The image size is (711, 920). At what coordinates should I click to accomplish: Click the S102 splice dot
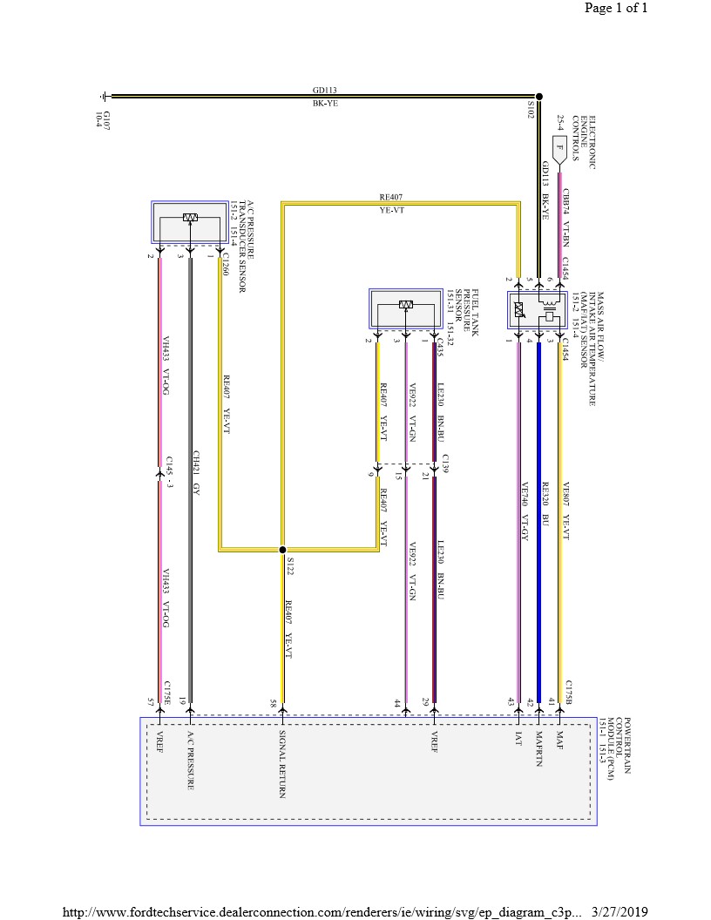pos(538,97)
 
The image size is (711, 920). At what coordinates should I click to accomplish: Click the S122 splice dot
pos(281,550)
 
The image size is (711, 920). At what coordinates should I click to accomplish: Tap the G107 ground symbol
pos(105,97)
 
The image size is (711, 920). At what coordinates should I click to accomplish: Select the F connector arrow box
pos(559,149)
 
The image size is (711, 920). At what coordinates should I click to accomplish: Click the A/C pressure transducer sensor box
pos(189,223)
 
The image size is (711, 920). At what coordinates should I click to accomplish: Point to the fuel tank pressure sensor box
pos(405,309)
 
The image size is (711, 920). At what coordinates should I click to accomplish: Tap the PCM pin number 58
pos(273,702)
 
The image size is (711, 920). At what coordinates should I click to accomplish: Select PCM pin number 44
pos(396,702)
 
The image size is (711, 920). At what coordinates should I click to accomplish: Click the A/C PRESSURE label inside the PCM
pos(190,761)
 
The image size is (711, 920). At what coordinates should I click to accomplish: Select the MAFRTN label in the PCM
pos(539,747)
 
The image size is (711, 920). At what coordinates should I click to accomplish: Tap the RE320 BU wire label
pos(545,504)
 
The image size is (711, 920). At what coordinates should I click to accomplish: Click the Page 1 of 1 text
pos(616,9)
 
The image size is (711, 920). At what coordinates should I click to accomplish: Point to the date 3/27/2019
pos(620,910)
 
